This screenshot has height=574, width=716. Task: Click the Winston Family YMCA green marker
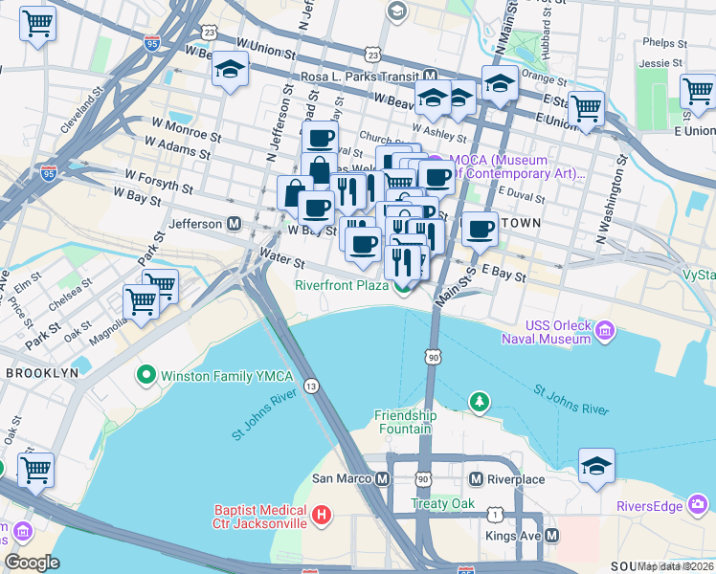click(x=146, y=373)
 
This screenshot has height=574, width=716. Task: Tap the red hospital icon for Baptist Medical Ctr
click(x=322, y=517)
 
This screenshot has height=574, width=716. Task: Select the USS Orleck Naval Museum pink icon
click(x=604, y=332)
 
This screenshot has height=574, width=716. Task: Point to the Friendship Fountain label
click(x=405, y=422)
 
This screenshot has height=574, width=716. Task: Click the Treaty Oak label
click(x=442, y=503)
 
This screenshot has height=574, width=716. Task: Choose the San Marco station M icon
click(x=383, y=478)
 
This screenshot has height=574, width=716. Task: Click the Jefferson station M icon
click(x=233, y=224)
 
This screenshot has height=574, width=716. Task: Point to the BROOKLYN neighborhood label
click(x=41, y=373)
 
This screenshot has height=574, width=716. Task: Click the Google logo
click(x=32, y=563)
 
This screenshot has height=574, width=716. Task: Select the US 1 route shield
click(x=494, y=515)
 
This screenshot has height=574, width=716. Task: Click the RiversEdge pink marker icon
click(x=699, y=503)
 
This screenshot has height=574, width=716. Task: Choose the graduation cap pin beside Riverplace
click(x=596, y=466)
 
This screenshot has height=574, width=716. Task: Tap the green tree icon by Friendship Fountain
click(x=480, y=400)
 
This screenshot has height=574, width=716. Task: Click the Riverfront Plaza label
click(x=341, y=284)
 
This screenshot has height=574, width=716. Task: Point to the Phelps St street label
click(x=660, y=42)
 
